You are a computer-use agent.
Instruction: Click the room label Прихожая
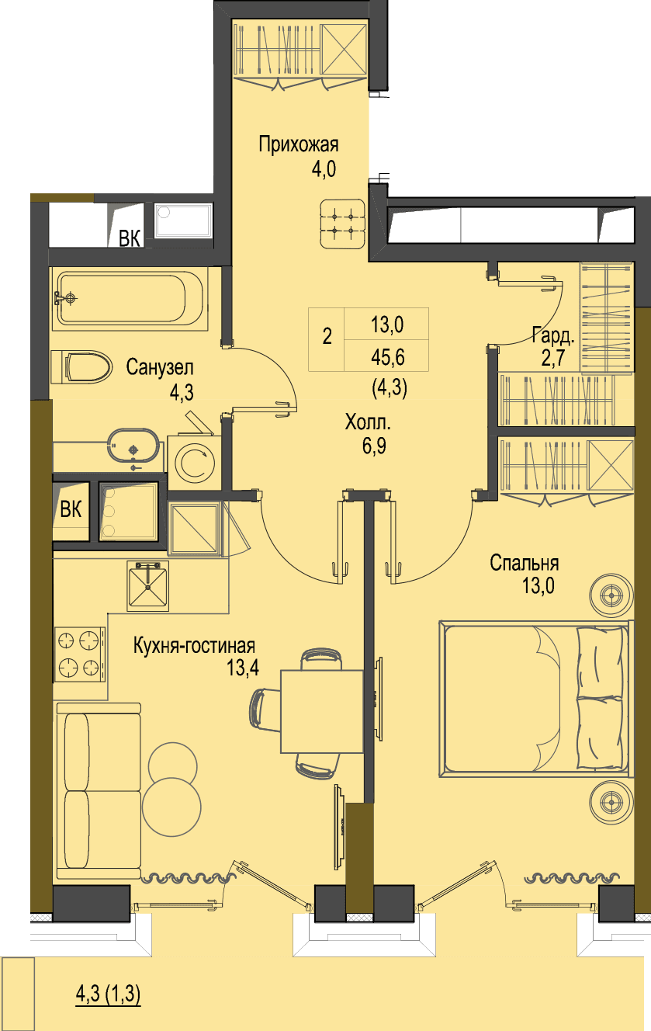click(299, 144)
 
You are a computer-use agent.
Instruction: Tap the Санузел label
click(160, 367)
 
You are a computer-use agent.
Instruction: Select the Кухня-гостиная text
click(194, 646)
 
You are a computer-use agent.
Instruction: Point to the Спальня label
click(524, 563)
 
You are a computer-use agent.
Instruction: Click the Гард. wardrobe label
click(553, 335)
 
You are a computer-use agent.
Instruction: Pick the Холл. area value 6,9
click(374, 446)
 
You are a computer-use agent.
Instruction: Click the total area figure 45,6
click(388, 357)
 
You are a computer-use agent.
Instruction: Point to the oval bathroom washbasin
click(133, 446)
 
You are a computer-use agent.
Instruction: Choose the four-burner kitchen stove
click(80, 654)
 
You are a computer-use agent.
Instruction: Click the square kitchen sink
click(147, 586)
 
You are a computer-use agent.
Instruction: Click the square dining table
click(322, 711)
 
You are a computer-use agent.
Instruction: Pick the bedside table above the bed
click(611, 595)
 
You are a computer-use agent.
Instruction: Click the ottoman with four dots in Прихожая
click(343, 224)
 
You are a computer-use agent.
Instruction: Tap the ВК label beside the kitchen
click(71, 509)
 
